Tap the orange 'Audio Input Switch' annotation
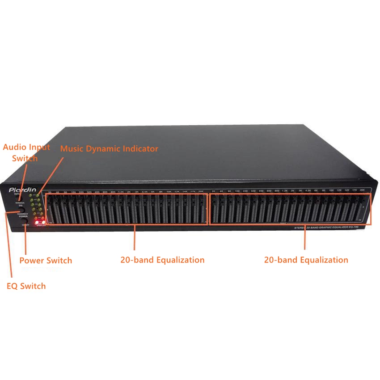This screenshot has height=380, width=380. tap(27, 152)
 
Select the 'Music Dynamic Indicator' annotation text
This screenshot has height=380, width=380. tap(109, 148)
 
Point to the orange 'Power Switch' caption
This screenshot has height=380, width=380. tap(46, 261)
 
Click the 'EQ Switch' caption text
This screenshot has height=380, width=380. tap(26, 286)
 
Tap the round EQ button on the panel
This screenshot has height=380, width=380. tap(21, 210)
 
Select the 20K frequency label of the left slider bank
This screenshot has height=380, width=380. tap(201, 192)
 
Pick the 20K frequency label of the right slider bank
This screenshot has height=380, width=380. tap(362, 190)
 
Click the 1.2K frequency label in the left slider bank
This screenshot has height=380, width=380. tap(121, 192)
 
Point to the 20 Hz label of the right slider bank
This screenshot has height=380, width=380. tap(214, 191)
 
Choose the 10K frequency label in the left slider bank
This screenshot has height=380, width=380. tap(169, 192)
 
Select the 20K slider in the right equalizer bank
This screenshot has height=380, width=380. tap(362, 208)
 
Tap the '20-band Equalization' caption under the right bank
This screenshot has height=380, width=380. tap(306, 260)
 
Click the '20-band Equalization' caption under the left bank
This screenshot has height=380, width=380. tap(162, 260)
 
